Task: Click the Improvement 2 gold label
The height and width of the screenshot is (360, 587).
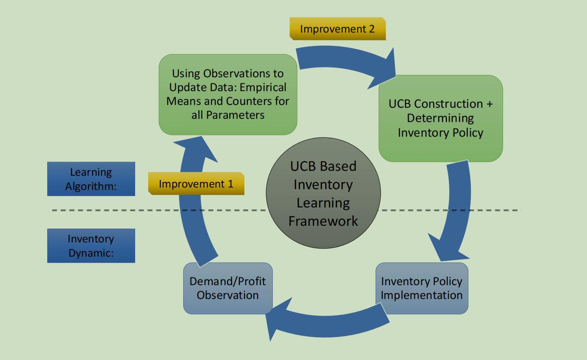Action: (x=337, y=29)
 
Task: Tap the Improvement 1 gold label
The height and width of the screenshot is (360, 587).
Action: (x=196, y=183)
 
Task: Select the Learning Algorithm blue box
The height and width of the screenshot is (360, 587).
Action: (x=91, y=179)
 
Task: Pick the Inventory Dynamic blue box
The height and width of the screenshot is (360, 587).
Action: (x=91, y=246)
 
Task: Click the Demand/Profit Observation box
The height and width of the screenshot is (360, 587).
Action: (x=228, y=288)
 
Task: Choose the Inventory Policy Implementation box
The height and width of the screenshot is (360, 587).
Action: (x=422, y=288)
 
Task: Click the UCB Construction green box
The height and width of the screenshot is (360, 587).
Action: (x=441, y=118)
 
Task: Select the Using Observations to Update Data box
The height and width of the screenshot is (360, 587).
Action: (x=228, y=94)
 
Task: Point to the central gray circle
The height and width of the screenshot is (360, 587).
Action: (x=323, y=193)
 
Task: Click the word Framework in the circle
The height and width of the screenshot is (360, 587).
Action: (x=323, y=221)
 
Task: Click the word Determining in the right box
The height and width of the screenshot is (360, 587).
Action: (x=440, y=118)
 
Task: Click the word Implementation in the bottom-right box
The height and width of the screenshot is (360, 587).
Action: (x=422, y=295)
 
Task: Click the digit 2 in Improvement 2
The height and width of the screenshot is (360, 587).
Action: (x=372, y=29)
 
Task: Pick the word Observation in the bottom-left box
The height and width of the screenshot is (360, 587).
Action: (x=228, y=295)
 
